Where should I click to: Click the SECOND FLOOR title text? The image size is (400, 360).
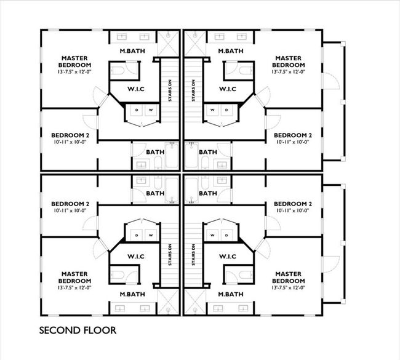(x=78, y=330)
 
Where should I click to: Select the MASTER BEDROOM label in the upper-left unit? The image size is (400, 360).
(x=75, y=61)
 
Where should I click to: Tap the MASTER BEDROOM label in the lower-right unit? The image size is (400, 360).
(x=289, y=276)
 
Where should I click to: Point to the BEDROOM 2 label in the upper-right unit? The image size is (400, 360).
(x=293, y=135)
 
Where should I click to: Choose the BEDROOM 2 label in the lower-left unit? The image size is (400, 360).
(x=71, y=204)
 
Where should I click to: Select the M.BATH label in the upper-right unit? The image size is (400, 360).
(x=230, y=50)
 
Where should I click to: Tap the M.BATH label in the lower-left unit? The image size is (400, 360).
(x=132, y=295)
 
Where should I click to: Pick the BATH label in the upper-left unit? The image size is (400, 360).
(x=154, y=152)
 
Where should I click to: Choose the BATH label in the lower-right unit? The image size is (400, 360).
(x=207, y=193)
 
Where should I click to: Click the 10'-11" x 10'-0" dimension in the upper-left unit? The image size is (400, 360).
(x=71, y=142)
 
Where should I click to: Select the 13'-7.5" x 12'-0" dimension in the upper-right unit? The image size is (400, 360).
(x=289, y=72)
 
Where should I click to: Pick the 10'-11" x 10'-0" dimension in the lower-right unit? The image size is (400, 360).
(x=293, y=211)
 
